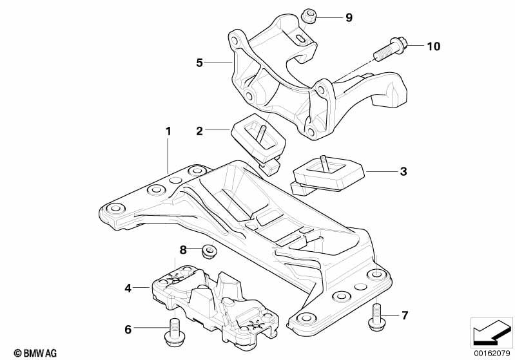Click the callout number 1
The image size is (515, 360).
pyautogui.click(x=168, y=131)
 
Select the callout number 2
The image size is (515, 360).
pyautogui.click(x=200, y=131)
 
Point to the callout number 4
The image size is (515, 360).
pyautogui.click(x=128, y=288)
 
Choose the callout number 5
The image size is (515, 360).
pyautogui.click(x=200, y=62)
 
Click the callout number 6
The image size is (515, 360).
pyautogui.click(x=128, y=330)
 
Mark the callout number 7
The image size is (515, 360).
pyautogui.click(x=404, y=316)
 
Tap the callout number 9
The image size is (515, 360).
pyautogui.click(x=349, y=17)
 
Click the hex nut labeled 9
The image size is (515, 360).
pyautogui.click(x=308, y=15)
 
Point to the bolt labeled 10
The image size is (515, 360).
pyautogui.click(x=391, y=49)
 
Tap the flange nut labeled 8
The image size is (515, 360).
pyautogui.click(x=208, y=251)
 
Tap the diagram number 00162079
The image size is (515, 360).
pyautogui.click(x=492, y=352)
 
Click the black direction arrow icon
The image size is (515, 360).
pyautogui.click(x=492, y=332)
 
